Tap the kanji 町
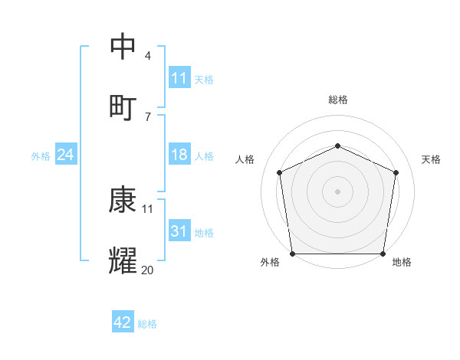(x=123, y=106)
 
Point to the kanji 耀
(x=123, y=260)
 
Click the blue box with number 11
(x=179, y=78)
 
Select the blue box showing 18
(x=179, y=155)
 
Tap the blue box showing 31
(x=179, y=231)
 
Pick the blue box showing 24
(x=65, y=155)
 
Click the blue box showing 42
(x=123, y=322)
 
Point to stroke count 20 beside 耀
(x=148, y=269)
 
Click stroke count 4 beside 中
(x=148, y=55)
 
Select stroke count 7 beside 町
(x=148, y=116)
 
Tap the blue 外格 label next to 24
(x=41, y=155)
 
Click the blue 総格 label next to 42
(x=147, y=323)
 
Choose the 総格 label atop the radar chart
(x=337, y=100)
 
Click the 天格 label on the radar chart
(x=432, y=159)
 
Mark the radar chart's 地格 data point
(x=383, y=254)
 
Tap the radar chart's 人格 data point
(x=279, y=172)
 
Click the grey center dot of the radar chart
(x=337, y=191)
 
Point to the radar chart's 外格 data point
(x=292, y=254)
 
